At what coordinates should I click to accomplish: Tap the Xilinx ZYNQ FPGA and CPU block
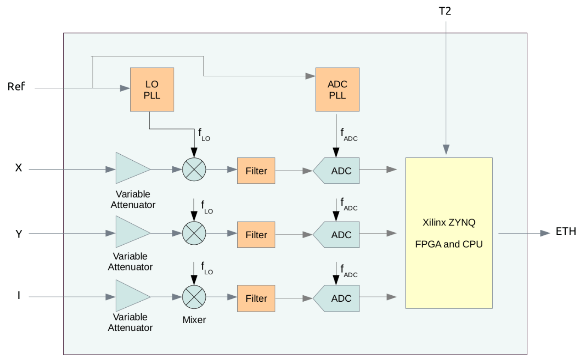[x=448, y=233]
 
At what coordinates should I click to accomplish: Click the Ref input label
[x=16, y=87]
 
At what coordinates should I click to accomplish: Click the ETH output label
[x=566, y=232]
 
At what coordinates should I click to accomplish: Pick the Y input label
[x=18, y=234]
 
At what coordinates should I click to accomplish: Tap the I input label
[x=18, y=296]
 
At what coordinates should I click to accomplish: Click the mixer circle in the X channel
[x=194, y=169]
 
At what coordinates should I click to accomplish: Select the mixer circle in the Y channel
[x=194, y=233]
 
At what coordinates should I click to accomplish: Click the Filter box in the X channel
[x=256, y=171]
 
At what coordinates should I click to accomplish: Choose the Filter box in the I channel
[x=256, y=298]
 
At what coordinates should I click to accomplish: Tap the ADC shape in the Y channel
[x=337, y=234]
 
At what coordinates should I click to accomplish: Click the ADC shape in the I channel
[x=337, y=298]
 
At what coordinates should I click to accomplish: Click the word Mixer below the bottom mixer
[x=194, y=319]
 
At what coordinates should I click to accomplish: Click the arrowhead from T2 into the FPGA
[x=446, y=149]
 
